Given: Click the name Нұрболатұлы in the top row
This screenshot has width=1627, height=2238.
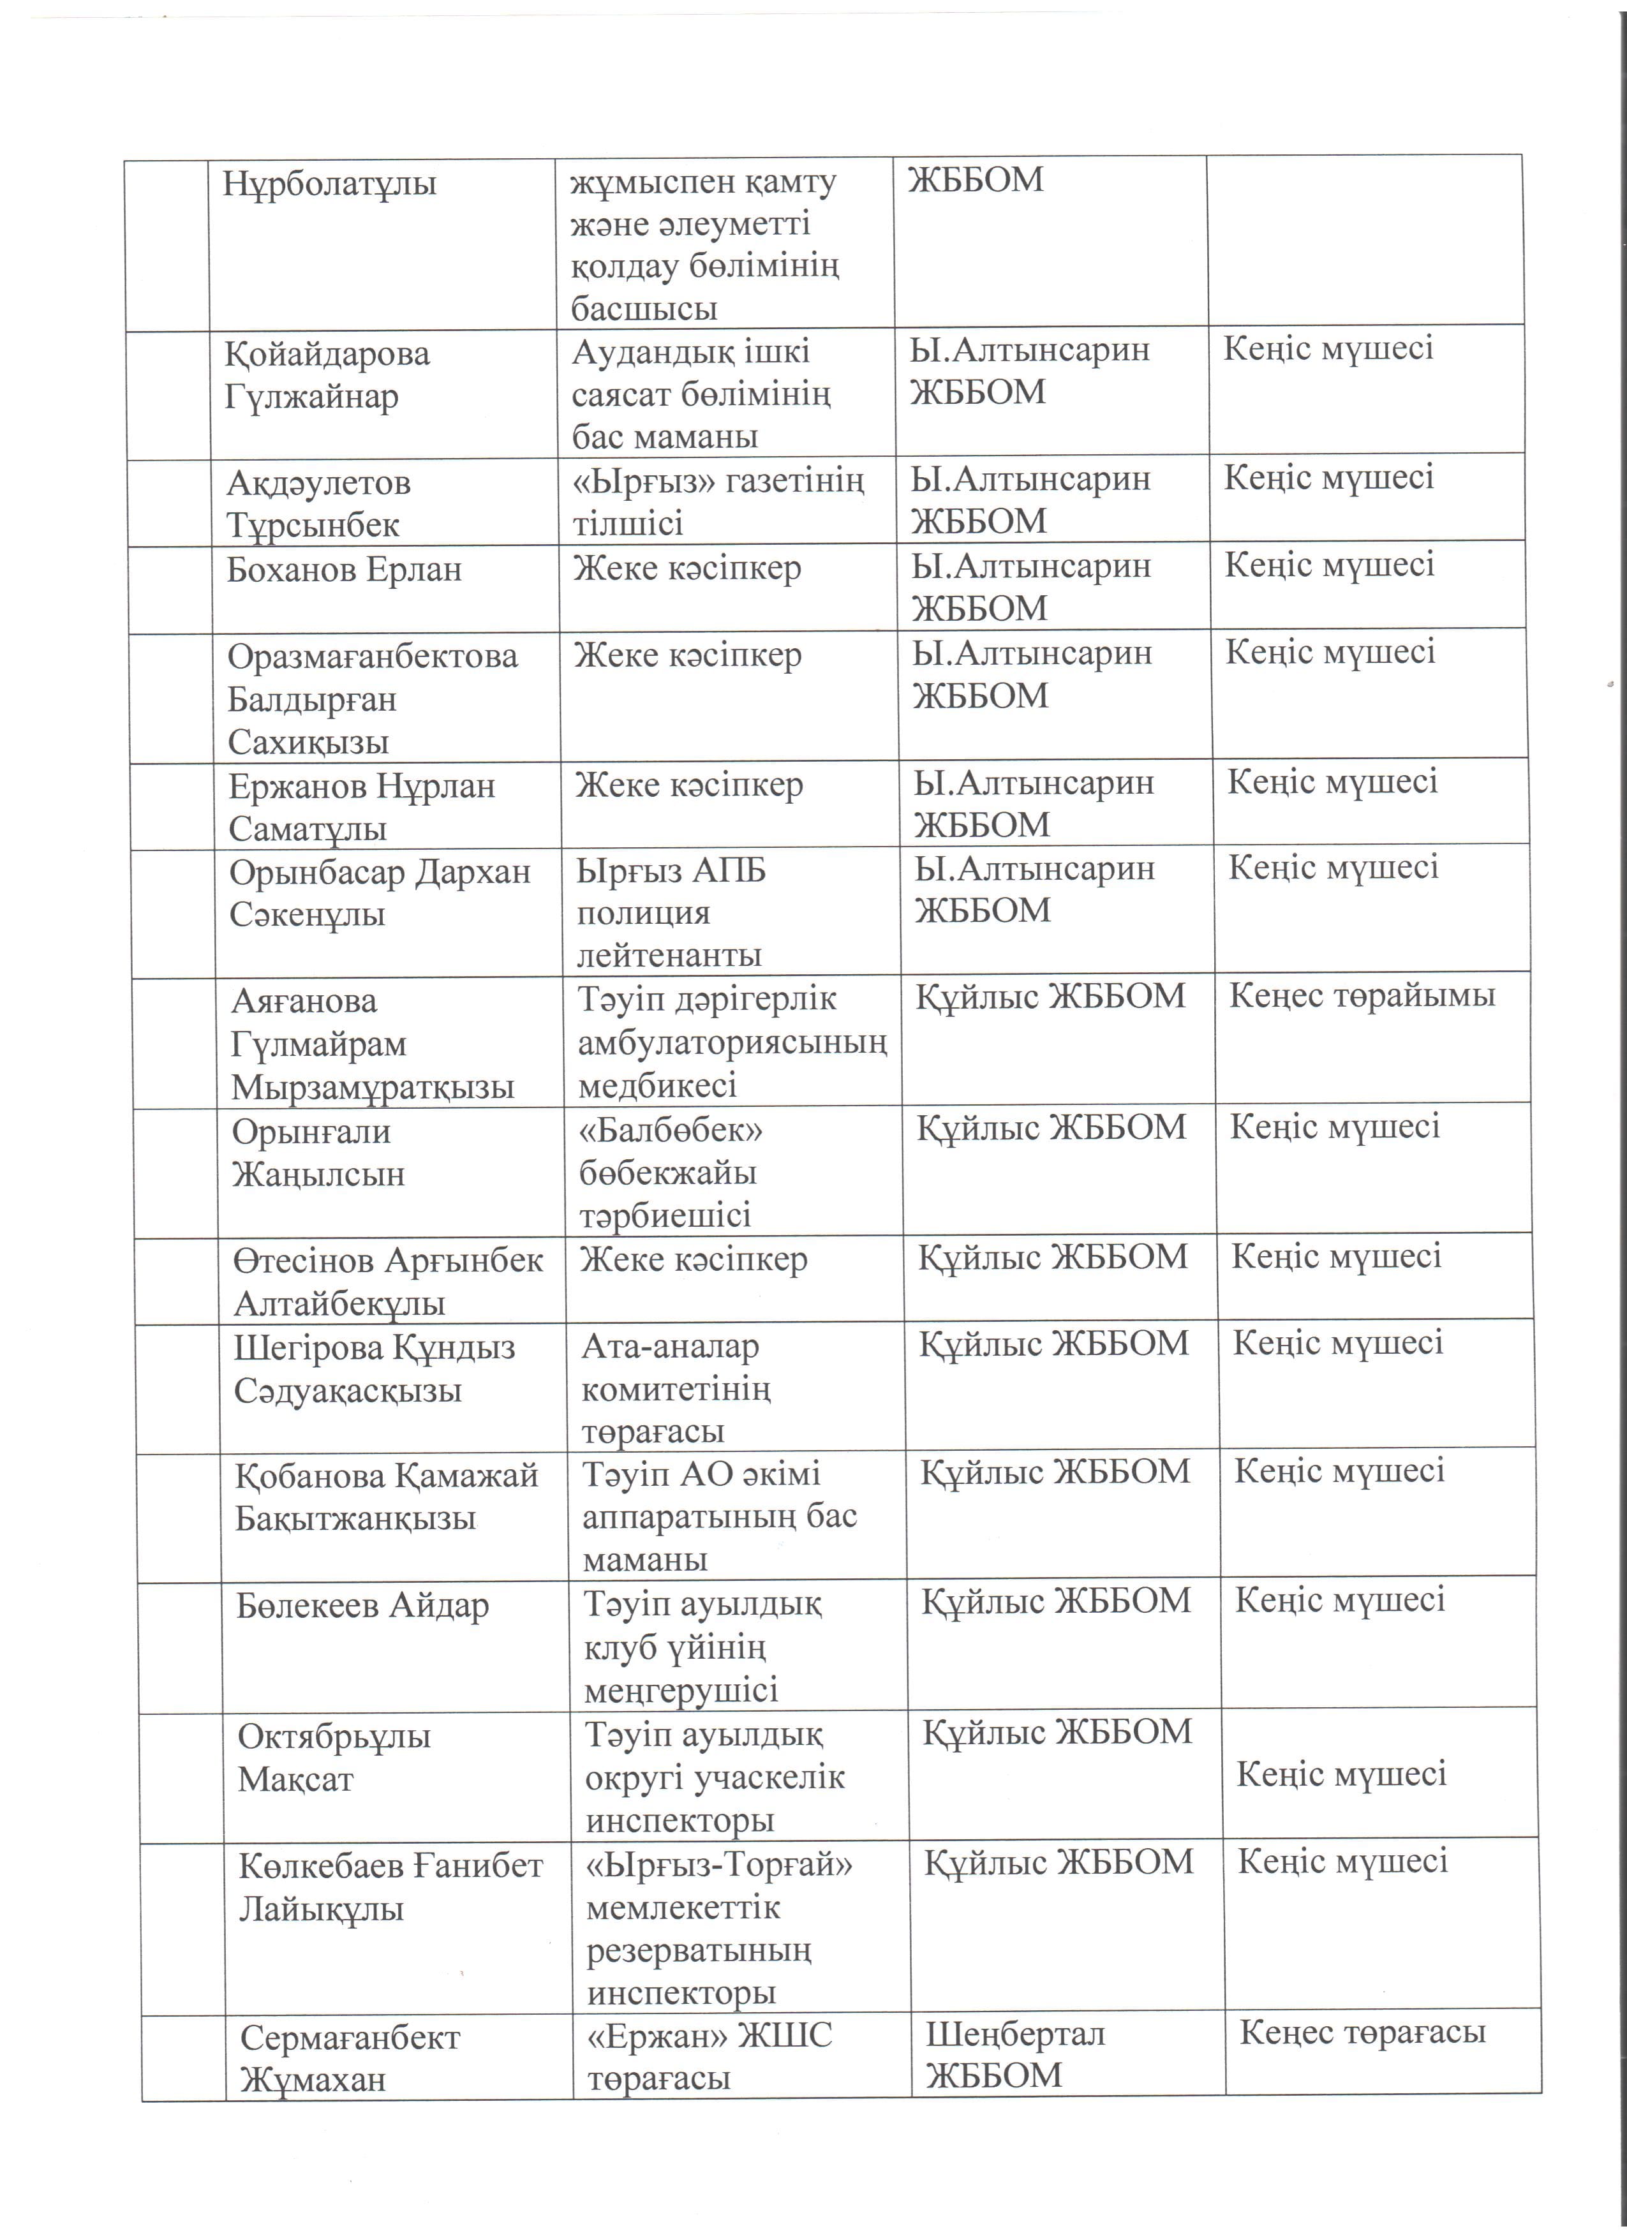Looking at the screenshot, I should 329,184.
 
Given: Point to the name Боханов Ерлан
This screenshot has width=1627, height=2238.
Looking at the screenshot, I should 345,570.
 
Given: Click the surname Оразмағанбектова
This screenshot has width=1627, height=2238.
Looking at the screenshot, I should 372,656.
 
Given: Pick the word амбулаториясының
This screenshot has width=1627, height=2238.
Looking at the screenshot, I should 732,1042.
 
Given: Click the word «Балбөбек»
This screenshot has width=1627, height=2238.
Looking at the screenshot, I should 671,1130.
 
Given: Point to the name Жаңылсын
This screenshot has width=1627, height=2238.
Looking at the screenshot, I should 318,1175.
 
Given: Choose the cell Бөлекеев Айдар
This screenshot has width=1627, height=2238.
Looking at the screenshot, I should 362,1606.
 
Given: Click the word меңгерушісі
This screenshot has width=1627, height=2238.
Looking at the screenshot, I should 681,1691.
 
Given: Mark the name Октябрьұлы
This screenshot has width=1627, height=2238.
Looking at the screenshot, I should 334,1737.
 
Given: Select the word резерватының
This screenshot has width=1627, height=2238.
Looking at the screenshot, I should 699,1951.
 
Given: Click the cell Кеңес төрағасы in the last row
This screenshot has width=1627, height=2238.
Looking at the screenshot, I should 1362,2032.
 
